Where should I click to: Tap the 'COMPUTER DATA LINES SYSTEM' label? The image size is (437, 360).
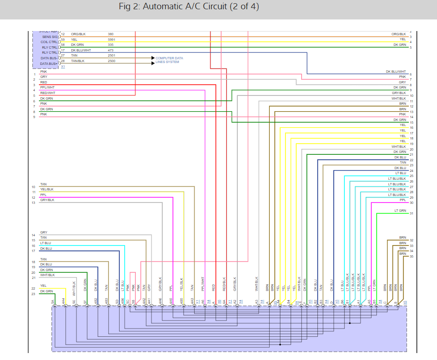[x=169, y=60]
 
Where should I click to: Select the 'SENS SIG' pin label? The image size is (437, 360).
[x=50, y=37]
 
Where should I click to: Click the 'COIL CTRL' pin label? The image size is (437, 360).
[x=50, y=42]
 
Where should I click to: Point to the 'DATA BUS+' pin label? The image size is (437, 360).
[x=49, y=63]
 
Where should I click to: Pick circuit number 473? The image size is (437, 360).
[x=111, y=50]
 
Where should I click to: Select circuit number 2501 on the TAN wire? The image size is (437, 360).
[x=111, y=56]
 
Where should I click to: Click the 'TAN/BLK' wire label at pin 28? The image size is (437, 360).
[x=78, y=61]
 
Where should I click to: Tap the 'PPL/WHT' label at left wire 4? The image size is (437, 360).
[x=47, y=88]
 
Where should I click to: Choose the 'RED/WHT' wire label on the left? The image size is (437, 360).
[x=47, y=93]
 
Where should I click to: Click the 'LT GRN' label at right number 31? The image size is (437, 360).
[x=400, y=211]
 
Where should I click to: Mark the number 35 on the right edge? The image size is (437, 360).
[x=412, y=256]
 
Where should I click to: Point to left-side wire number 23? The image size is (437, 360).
[x=33, y=294]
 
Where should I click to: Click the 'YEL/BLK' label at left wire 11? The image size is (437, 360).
[x=47, y=189]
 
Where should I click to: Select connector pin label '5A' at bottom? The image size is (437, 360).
[x=53, y=302]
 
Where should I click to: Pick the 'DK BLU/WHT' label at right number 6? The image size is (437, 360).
[x=396, y=72]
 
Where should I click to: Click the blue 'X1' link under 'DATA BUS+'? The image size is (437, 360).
[x=63, y=67]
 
